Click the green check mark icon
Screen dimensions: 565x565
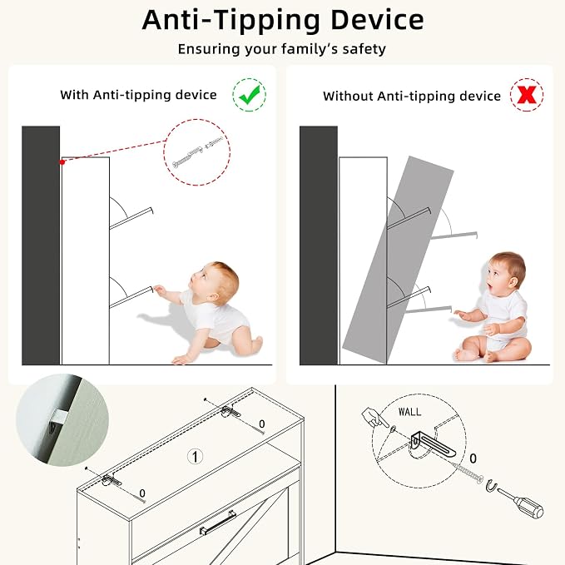(x=250, y=95)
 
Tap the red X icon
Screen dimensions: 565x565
(x=527, y=95)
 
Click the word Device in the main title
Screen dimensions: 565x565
(x=377, y=20)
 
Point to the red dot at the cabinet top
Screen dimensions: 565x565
(x=62, y=162)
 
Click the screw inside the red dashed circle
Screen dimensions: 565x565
(x=188, y=156)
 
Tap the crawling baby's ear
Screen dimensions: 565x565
(x=213, y=297)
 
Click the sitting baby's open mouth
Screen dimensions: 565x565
(x=489, y=288)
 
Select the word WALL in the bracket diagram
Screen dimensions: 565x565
(x=409, y=412)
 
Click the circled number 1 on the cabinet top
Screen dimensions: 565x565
(x=195, y=457)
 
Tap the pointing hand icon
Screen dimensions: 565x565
(x=373, y=417)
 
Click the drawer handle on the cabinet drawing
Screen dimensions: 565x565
(x=218, y=522)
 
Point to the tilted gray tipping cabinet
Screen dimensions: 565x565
(x=398, y=260)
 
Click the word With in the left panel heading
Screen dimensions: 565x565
(x=74, y=95)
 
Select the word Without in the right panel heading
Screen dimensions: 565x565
(x=348, y=96)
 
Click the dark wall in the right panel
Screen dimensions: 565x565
(x=319, y=245)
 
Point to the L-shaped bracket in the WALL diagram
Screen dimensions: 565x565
(x=432, y=443)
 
